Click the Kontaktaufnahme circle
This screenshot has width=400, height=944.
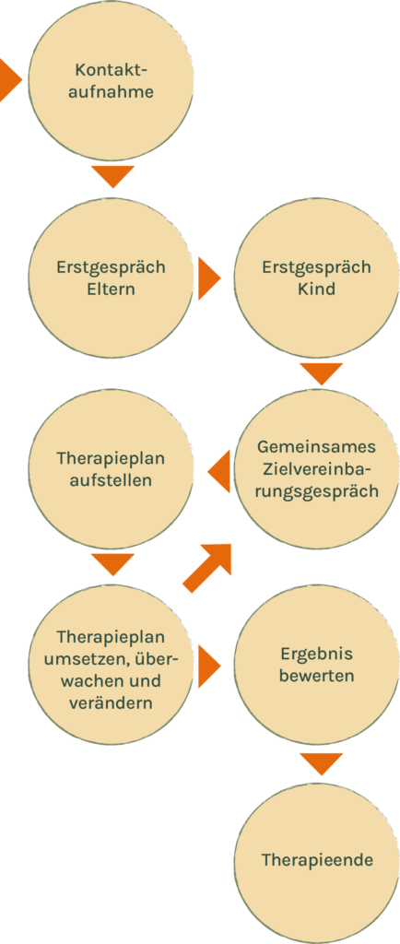(112, 80)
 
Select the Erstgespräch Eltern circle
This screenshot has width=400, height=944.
(112, 277)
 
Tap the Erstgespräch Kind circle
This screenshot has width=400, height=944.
(316, 277)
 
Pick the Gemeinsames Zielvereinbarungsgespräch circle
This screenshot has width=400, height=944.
(316, 469)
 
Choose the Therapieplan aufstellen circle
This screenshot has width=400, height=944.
(112, 469)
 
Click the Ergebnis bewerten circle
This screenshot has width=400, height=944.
(316, 666)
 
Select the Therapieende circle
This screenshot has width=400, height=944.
(316, 861)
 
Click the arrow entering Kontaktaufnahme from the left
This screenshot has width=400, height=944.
(10, 80)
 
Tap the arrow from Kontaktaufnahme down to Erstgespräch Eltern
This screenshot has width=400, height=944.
(112, 176)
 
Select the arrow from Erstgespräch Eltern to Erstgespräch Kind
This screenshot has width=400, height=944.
(209, 277)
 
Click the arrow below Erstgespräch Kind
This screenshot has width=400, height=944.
(322, 374)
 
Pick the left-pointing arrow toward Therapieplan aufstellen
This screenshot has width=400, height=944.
(219, 471)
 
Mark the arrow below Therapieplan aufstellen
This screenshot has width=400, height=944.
(112, 565)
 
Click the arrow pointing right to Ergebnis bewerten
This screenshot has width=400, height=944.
(209, 666)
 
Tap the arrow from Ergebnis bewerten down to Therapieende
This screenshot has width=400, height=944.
(322, 763)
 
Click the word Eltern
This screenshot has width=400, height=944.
(111, 289)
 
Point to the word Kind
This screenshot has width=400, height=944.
(316, 289)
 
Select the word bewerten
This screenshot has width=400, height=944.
(316, 676)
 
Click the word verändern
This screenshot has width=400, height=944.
(111, 702)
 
